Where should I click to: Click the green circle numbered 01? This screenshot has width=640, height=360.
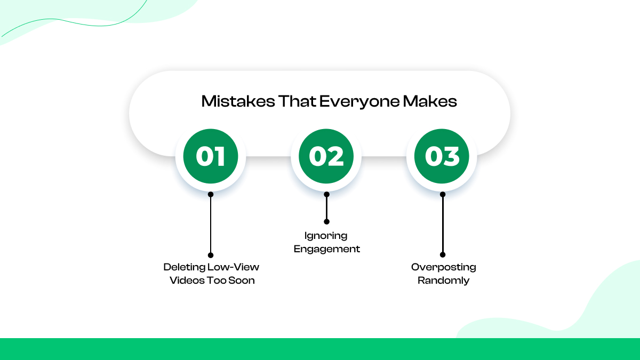(x=211, y=156)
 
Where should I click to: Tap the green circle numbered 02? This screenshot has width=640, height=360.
(x=326, y=156)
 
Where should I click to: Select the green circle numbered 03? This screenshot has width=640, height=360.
(x=442, y=156)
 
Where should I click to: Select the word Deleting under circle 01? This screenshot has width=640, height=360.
(x=183, y=267)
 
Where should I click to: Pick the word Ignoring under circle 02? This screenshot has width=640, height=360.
(x=326, y=235)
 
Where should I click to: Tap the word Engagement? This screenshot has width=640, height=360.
(x=327, y=249)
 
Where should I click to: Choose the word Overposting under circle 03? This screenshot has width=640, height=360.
(x=443, y=267)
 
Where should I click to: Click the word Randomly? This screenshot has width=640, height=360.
(x=443, y=281)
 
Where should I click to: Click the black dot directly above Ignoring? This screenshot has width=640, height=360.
(x=326, y=221)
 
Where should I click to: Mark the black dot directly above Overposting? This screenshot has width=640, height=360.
(x=443, y=255)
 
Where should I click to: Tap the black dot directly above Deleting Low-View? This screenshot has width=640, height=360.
(x=211, y=255)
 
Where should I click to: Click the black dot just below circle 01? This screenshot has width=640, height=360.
(x=211, y=195)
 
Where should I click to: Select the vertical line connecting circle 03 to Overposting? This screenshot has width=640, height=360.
(x=443, y=225)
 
